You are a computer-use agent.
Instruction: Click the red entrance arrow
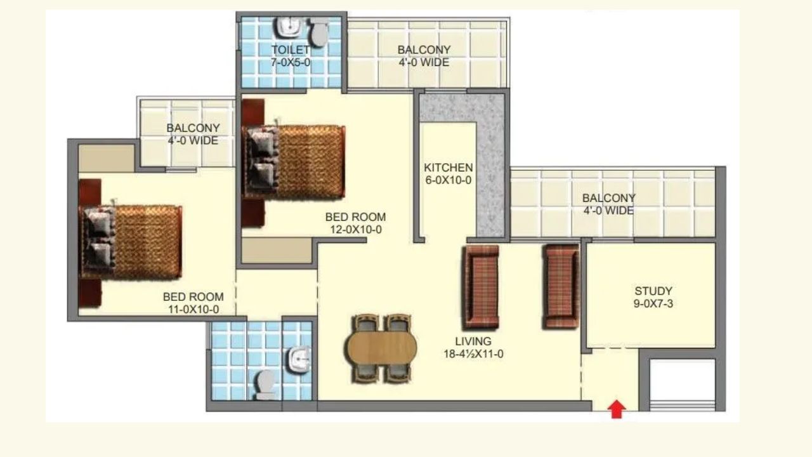point(617,409)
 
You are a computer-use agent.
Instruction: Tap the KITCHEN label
point(448,168)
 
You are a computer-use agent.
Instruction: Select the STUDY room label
point(653,291)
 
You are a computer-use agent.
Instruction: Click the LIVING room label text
point(473,341)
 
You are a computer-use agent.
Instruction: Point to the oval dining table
point(381,348)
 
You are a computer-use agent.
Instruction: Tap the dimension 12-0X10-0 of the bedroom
point(355,230)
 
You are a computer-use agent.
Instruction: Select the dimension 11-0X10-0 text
point(193,310)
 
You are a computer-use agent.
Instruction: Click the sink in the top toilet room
point(289,27)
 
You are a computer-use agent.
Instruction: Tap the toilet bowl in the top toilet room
point(318,32)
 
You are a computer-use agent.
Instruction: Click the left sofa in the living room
point(481,286)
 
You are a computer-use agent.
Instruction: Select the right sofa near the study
point(561,286)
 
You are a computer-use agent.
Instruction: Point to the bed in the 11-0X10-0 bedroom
point(130,241)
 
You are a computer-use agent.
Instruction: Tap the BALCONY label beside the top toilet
point(424,50)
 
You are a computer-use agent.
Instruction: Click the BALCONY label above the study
point(608,198)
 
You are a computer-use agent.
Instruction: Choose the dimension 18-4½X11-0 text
point(473,354)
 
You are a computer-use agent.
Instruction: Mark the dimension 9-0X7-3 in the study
point(653,303)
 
